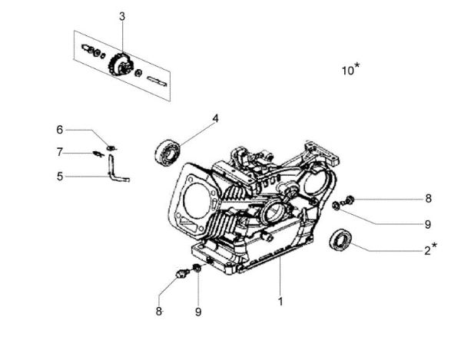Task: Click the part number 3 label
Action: (122, 16)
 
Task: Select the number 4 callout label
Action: (216, 118)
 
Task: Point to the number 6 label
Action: (59, 129)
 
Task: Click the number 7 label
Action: (59, 152)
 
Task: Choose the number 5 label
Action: (59, 176)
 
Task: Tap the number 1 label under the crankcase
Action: (280, 302)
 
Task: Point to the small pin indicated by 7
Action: (98, 153)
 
